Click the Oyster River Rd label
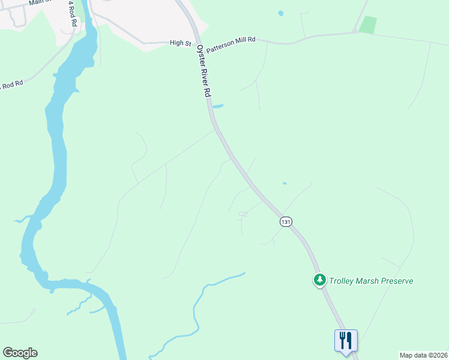tap(202, 71)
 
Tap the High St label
tap(179, 43)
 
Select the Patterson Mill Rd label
tap(231, 40)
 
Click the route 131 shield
tap(286, 221)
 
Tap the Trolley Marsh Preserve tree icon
tap(320, 280)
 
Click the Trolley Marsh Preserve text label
tap(371, 281)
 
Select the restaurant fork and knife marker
tap(346, 340)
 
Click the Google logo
tap(20, 353)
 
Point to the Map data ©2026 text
tap(423, 355)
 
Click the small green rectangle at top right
tap(367, 25)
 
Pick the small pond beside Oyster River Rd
tap(218, 107)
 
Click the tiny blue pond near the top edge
tap(280, 13)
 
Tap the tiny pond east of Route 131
tap(285, 184)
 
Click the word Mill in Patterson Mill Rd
tap(238, 40)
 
